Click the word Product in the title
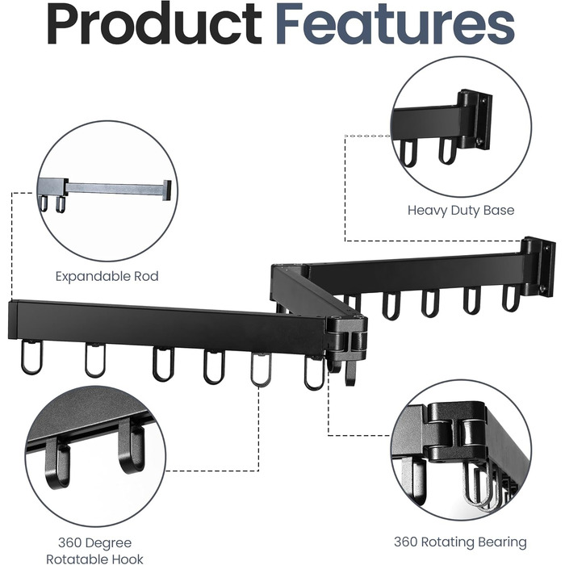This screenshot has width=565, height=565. point(154,23)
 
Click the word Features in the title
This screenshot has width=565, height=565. point(395,23)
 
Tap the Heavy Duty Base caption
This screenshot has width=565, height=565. point(461,211)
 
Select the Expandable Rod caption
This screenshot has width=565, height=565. point(107,276)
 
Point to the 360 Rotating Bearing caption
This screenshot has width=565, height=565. point(460,542)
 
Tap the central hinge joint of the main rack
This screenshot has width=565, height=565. point(346,334)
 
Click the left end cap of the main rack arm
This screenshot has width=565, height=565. point(13,320)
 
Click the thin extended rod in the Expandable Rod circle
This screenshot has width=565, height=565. point(115,188)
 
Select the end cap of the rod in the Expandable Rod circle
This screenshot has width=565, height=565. point(167,190)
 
